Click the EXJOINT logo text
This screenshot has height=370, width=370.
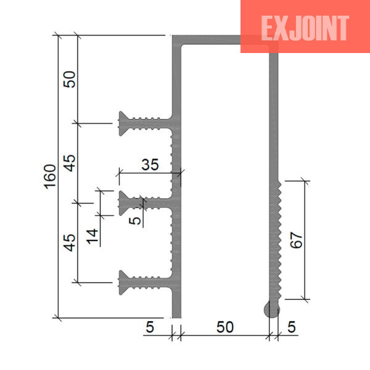[305, 28]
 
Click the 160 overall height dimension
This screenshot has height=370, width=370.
[51, 177]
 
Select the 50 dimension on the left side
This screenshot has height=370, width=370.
[70, 80]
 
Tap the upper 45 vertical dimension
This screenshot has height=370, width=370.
[70, 163]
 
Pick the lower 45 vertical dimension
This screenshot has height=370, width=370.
[70, 242]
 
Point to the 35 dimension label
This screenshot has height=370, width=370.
[150, 165]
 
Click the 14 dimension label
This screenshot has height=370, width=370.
[92, 236]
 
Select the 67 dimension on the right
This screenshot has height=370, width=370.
[296, 240]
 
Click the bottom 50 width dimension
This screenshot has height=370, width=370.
[225, 327]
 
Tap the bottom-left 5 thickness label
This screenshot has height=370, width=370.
[150, 327]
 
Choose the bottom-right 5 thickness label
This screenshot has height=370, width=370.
[292, 327]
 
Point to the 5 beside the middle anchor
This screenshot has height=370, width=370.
[134, 221]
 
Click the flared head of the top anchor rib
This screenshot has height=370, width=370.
[124, 123]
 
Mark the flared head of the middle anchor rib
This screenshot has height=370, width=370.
[124, 203]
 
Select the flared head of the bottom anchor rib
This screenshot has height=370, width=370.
[124, 282]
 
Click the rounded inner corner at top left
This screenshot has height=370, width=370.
[183, 46]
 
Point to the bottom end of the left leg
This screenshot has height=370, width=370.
[176, 318]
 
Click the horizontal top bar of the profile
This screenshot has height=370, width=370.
[225, 39]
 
